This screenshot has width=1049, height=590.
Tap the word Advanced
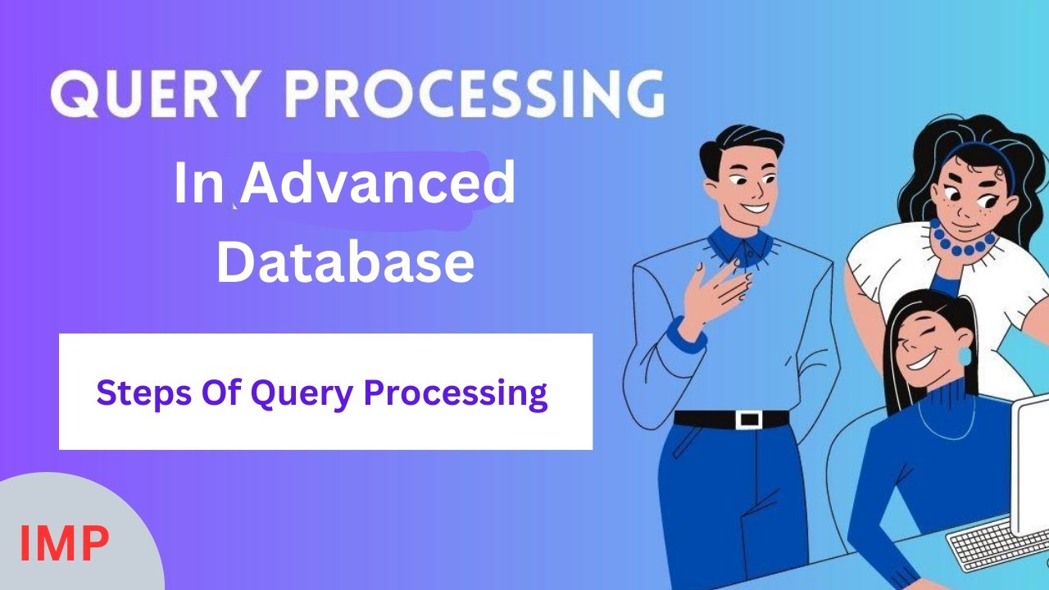378,184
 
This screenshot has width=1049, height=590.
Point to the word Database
345,263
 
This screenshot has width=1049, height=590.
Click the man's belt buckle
748,420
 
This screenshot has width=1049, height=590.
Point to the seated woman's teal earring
964,357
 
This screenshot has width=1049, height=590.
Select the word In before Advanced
198,184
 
